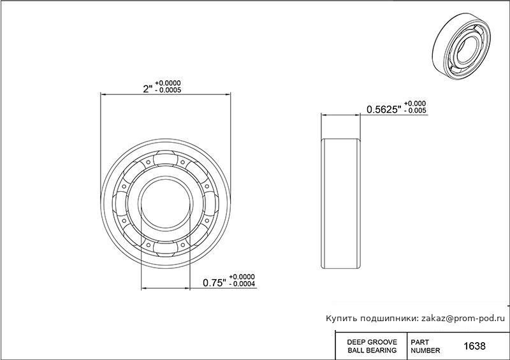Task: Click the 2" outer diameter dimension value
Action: click(148, 89)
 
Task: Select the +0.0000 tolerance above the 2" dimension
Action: click(168, 83)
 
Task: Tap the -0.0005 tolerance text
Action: click(168, 90)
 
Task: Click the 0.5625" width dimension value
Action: click(384, 110)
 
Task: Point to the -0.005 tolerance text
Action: click(415, 111)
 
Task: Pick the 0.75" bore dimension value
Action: click(214, 283)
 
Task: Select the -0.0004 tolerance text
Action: click(242, 284)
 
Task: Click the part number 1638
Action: click(474, 346)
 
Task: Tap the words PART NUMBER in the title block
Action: click(425, 347)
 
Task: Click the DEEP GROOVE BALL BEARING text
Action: click(372, 347)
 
